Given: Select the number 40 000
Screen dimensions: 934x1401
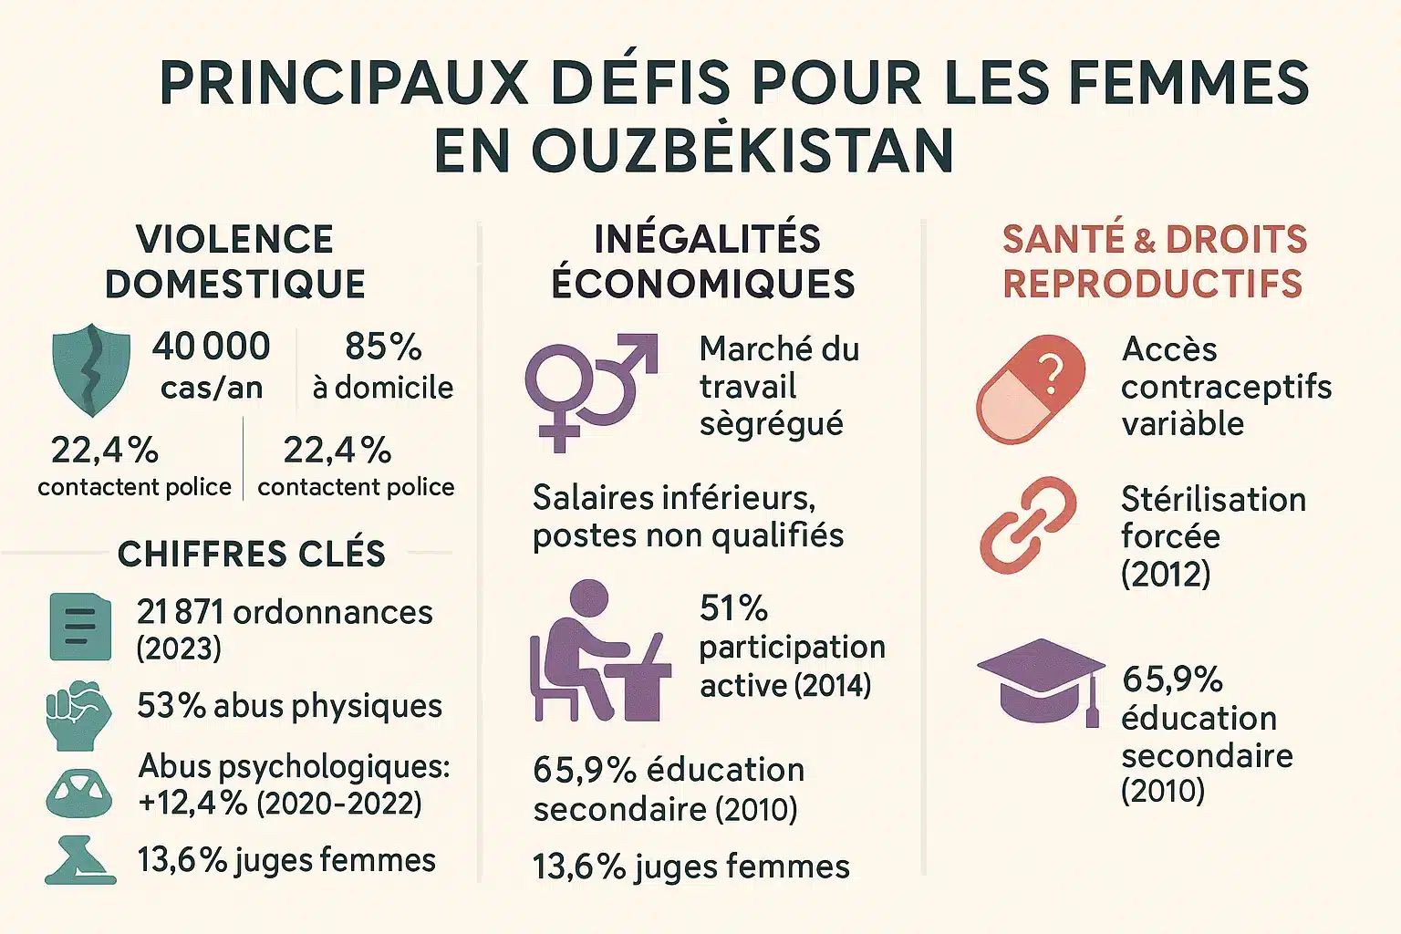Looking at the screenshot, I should click(212, 347).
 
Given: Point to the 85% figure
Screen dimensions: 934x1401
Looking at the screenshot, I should click(383, 347).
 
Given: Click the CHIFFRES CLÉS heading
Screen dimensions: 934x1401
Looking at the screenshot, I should click(252, 554).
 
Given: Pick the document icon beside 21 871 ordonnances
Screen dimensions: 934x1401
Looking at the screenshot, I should click(80, 627).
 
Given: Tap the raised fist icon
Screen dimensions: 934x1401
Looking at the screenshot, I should click(78, 714).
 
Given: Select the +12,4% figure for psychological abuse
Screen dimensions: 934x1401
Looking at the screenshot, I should click(192, 804).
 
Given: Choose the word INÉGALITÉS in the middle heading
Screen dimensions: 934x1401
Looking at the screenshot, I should click(707, 239).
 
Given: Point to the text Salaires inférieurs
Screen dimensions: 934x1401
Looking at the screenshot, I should click(674, 498).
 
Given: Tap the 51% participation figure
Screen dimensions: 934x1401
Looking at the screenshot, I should click(733, 608).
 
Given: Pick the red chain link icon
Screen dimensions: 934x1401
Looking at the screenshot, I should click(1028, 524).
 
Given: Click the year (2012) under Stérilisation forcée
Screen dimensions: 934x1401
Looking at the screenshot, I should click(1166, 574).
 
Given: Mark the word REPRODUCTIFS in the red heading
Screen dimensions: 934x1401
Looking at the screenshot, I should click(1153, 284).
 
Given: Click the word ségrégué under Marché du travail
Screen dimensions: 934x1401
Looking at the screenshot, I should click(772, 424).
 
